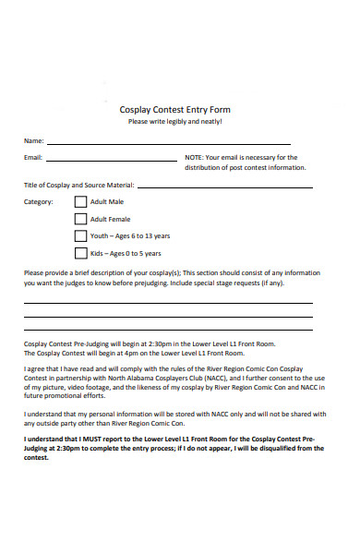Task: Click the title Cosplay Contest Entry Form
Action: click(x=175, y=109)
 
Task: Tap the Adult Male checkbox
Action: click(x=80, y=201)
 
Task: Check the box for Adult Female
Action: click(x=80, y=219)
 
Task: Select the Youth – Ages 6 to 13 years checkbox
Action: click(x=80, y=235)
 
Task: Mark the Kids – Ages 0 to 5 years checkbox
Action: click(x=80, y=253)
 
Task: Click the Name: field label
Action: click(x=33, y=141)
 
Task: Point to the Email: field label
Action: click(x=33, y=158)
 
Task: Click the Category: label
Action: click(x=39, y=201)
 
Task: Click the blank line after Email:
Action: click(x=112, y=161)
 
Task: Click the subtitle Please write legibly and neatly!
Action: click(x=175, y=122)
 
